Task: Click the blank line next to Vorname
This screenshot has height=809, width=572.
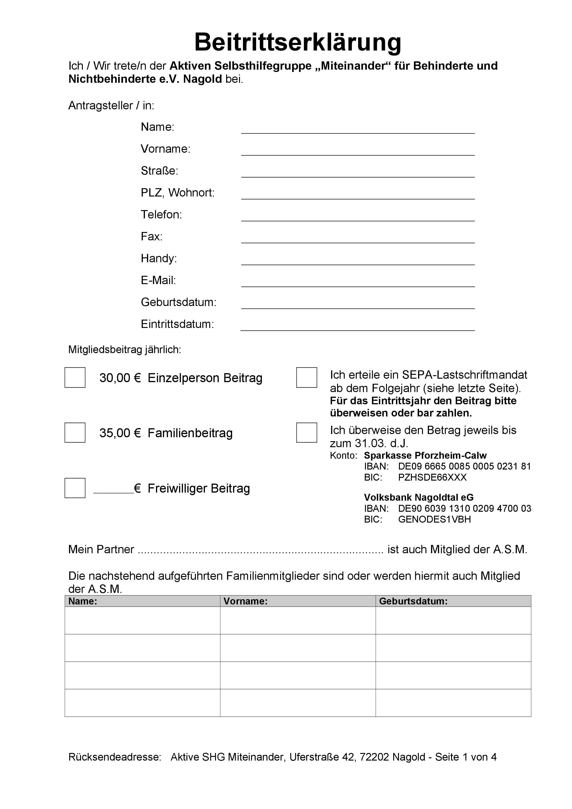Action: (358, 151)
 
